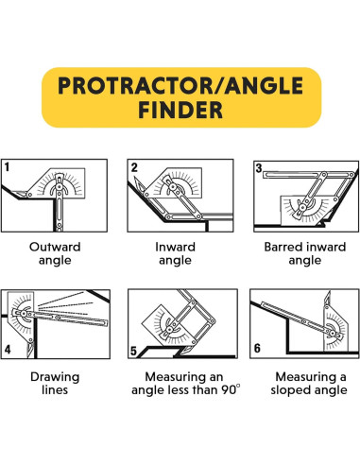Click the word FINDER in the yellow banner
tap(180, 110)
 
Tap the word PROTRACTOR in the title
tap(135, 86)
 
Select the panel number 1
tap(7, 166)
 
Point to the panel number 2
tap(134, 167)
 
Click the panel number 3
tap(259, 168)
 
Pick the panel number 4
tap(8, 350)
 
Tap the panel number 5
tap(133, 351)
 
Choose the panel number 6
tap(257, 348)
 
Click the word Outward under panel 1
tap(55, 247)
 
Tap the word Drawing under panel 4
tap(55, 377)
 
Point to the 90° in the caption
tap(230, 389)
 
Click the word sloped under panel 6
tap(289, 390)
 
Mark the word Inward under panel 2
tap(175, 247)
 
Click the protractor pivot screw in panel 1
tap(59, 187)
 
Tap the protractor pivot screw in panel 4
tap(24, 314)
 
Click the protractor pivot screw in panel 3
tap(302, 207)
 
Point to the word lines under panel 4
tap(55, 389)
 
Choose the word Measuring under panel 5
tap(184, 377)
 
